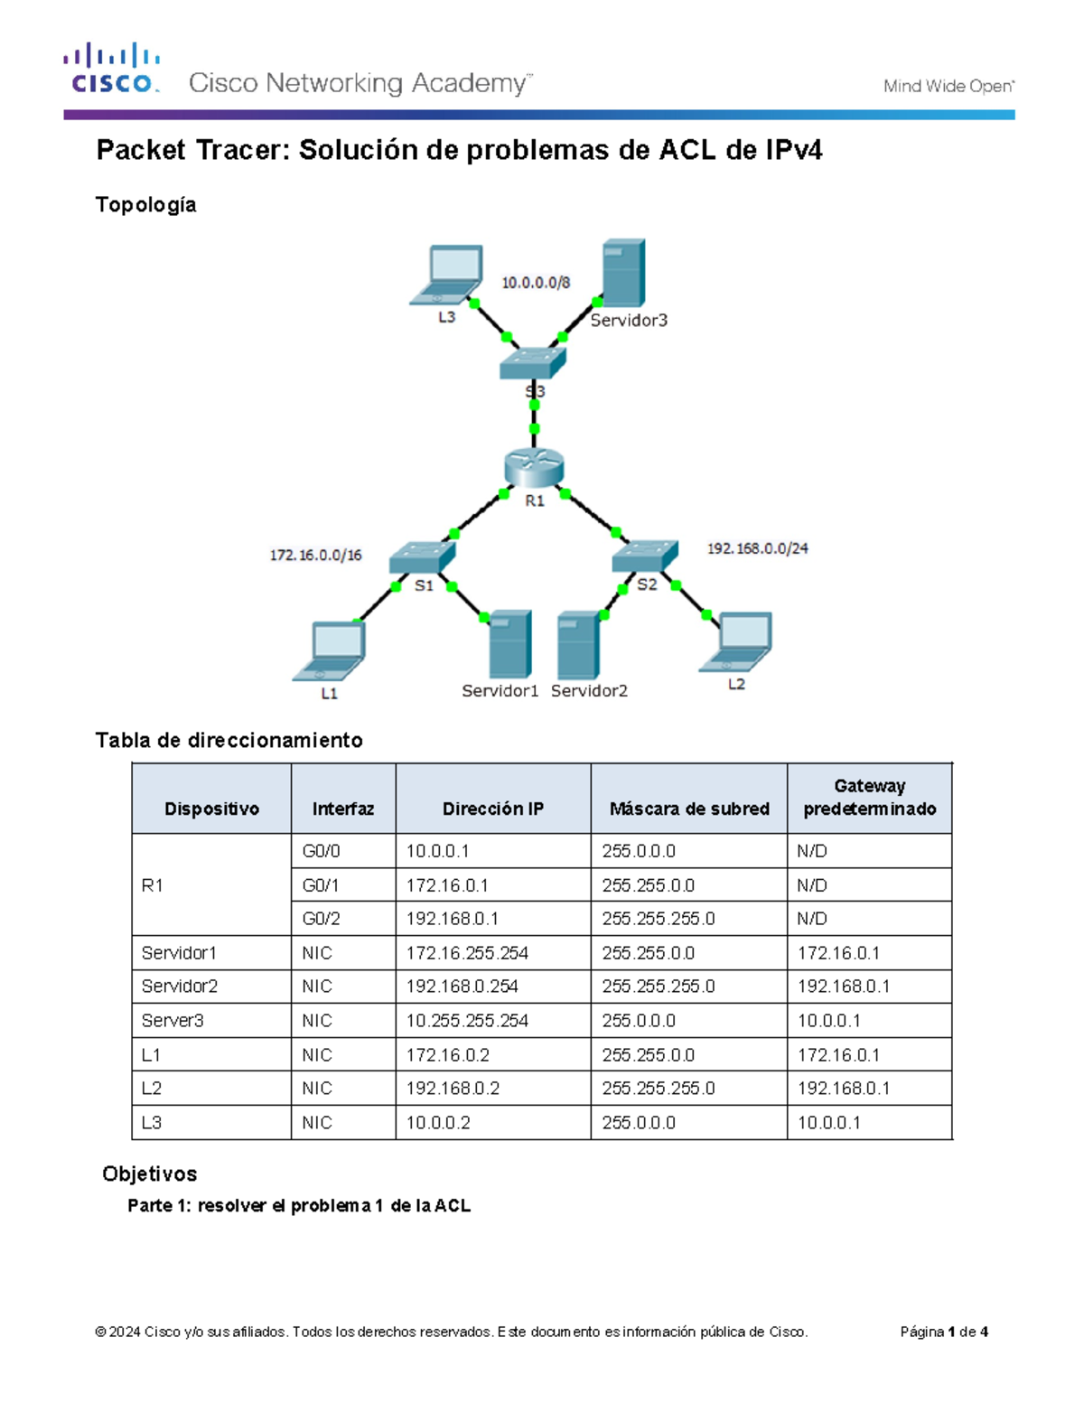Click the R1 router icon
pos(534,469)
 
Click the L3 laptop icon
pos(447,276)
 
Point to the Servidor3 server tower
pos(623,273)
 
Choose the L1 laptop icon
pos(331,650)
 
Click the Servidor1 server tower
pos(509,644)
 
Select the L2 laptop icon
pos(737,642)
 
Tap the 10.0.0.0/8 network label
pos(536,283)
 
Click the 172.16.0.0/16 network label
pos(315,555)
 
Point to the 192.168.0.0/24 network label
pos(757,548)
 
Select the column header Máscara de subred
pos(689,809)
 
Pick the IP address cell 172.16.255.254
pos(467,953)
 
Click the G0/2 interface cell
pos(321,919)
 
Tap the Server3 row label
pos(173,1021)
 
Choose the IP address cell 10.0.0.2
pos(438,1123)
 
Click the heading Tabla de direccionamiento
pos(229,741)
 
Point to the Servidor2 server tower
pos(578,646)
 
